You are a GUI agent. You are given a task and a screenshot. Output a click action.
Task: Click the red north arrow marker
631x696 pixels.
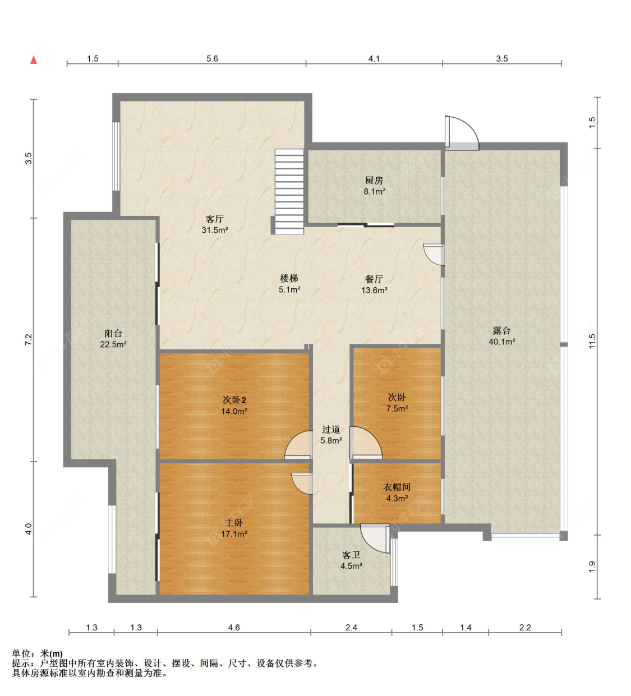34,60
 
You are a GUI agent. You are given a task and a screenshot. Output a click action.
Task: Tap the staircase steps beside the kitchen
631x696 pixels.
289,191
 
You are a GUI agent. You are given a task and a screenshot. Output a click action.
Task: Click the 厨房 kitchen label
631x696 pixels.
374,181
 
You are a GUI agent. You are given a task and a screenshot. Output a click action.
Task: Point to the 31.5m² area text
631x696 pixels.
215,230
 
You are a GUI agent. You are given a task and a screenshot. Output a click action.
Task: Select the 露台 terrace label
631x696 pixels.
501,330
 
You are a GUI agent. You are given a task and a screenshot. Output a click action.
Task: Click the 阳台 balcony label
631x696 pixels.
113,334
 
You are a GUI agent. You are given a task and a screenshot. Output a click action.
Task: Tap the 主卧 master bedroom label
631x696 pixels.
234,523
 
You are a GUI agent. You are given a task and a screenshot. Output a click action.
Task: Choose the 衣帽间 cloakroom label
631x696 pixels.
397,487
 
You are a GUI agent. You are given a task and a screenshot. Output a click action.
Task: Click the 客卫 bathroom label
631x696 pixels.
351,555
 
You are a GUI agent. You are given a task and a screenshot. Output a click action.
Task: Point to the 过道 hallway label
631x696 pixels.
331,430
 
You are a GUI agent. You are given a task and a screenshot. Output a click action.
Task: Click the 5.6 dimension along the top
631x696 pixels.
212,59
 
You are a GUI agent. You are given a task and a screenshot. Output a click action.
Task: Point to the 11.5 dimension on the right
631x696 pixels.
592,341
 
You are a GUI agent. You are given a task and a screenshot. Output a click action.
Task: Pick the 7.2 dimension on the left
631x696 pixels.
29,339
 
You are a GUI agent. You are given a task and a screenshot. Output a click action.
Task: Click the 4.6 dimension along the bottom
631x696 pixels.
234,628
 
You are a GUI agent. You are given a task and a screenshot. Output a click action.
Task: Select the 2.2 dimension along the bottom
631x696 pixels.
525,628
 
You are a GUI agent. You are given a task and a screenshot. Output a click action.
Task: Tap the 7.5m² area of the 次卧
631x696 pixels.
397,409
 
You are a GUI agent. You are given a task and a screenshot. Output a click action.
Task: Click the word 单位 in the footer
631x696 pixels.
21,654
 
